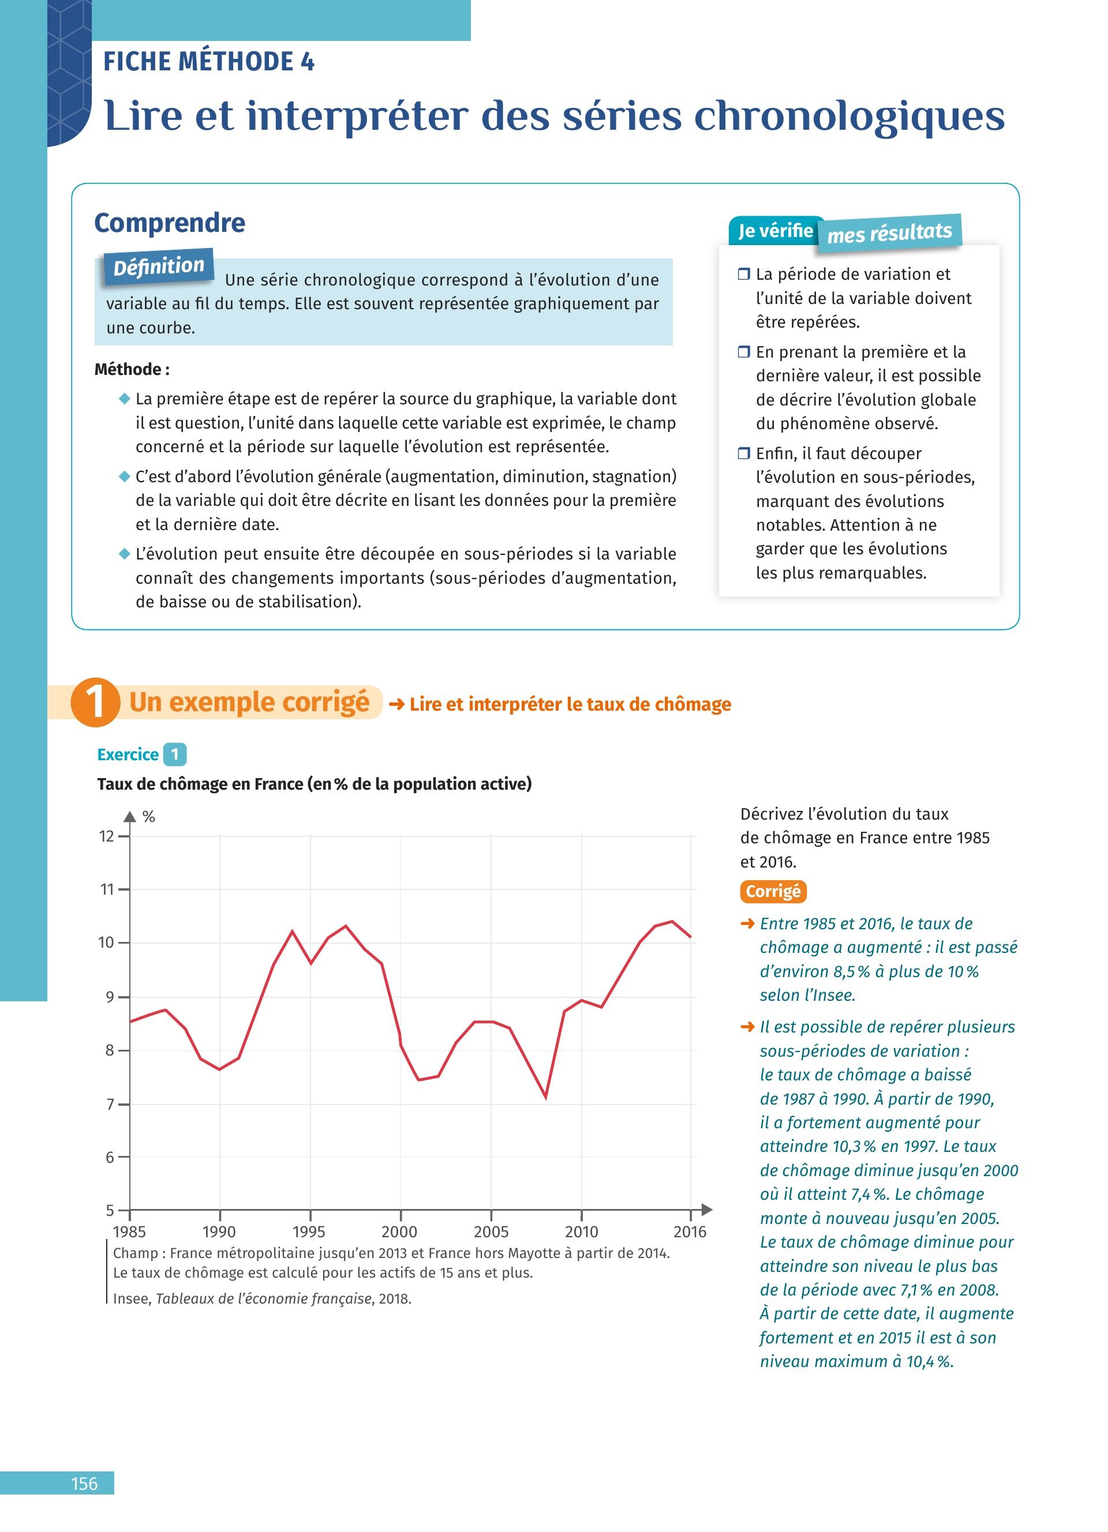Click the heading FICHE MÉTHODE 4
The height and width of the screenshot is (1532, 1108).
point(208,62)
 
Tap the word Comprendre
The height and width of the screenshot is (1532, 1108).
point(170,223)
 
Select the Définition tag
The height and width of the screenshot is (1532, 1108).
point(158,267)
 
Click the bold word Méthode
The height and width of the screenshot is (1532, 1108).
point(128,370)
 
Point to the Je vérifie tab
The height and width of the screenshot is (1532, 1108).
point(775,231)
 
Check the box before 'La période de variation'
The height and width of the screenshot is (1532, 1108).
point(744,274)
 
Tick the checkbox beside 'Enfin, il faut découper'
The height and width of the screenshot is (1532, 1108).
point(744,453)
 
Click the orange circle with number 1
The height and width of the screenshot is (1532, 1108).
point(95,703)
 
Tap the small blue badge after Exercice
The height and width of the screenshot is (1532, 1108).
point(174,754)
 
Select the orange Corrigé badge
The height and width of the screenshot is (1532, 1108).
point(773,892)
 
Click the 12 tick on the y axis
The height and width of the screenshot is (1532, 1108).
point(107,836)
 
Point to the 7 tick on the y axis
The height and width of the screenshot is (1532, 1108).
point(108,1105)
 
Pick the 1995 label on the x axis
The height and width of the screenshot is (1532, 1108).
point(309,1231)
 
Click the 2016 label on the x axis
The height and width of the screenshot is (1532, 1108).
point(690,1231)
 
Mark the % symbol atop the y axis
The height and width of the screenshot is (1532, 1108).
point(149,817)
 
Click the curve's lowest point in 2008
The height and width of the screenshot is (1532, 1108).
point(546,1097)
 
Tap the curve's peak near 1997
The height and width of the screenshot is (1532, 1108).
point(346,926)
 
